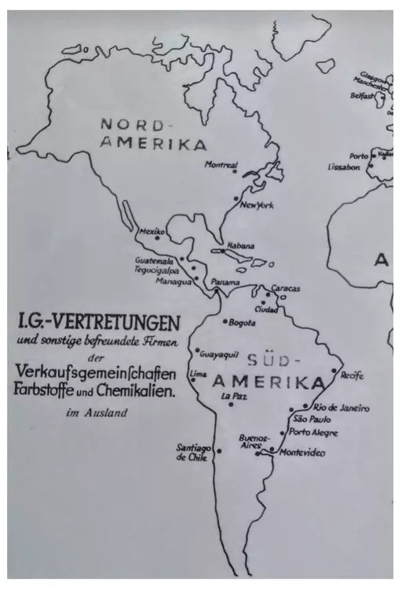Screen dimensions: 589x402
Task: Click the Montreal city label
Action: click(x=221, y=165)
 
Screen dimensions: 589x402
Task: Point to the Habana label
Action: click(x=241, y=245)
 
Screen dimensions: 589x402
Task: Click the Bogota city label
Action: click(x=241, y=322)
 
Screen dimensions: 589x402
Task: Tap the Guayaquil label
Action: click(x=219, y=354)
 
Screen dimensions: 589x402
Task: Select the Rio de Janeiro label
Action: click(x=341, y=408)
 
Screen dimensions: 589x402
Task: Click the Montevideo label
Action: click(x=301, y=452)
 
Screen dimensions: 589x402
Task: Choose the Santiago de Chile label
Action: click(x=192, y=452)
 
